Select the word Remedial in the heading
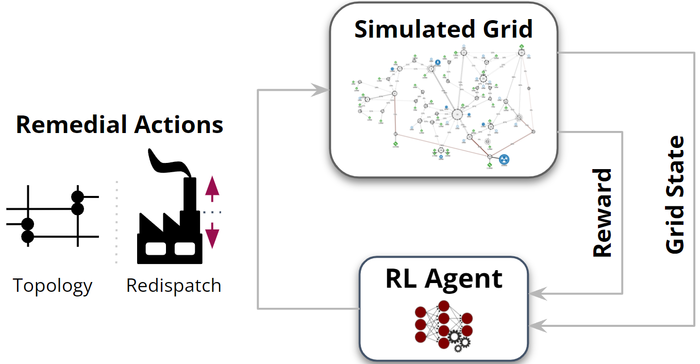72,125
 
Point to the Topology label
53,285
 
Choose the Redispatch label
174,285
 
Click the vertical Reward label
602,212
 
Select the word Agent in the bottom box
464,279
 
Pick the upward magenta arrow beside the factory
212,187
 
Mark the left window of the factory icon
155,249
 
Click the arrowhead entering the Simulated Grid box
323,91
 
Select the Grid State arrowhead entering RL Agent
536,325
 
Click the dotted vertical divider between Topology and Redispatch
116,222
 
